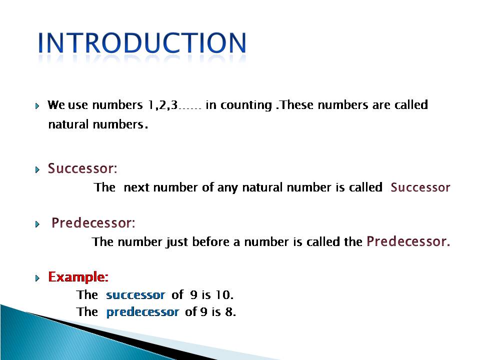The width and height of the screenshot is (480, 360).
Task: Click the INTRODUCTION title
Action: point(141,43)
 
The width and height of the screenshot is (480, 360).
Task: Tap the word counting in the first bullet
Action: point(246,105)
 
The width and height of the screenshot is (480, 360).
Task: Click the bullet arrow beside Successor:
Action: point(37,169)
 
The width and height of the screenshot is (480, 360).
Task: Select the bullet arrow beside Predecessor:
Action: point(37,224)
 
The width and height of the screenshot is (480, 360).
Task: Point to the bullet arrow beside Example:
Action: point(37,278)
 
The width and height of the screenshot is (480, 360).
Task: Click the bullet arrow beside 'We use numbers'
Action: point(37,106)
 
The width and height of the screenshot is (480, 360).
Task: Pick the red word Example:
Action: point(78,277)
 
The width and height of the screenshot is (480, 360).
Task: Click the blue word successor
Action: point(135,295)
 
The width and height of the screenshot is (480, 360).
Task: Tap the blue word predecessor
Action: point(142,312)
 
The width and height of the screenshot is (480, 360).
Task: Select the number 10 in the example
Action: point(224,294)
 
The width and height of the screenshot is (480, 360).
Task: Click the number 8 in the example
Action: point(230,311)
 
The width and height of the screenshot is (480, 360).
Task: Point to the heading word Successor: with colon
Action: point(82,168)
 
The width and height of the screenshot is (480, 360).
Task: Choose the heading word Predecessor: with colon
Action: point(93,223)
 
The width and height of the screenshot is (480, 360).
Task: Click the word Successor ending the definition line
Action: point(420,187)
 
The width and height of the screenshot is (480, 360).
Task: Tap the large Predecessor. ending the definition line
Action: point(408,241)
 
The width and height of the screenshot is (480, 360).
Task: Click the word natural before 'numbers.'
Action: point(68,124)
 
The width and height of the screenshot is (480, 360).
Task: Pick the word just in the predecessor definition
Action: point(177,242)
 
